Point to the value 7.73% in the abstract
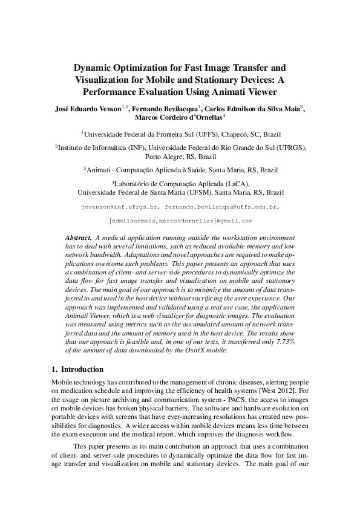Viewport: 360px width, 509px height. pos(282,343)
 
